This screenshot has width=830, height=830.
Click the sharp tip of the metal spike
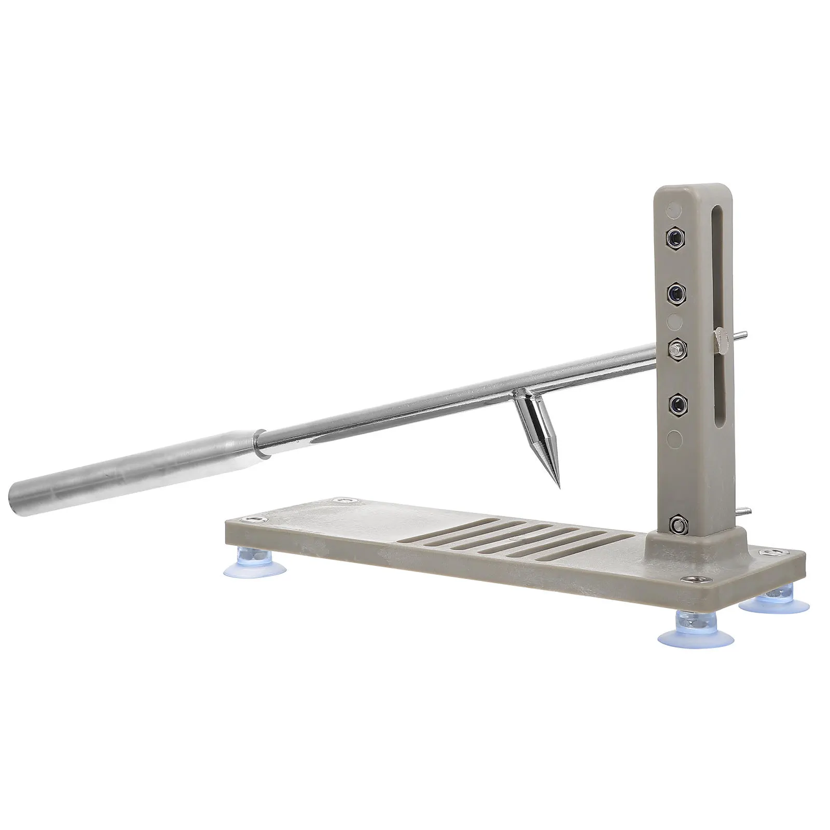tap(559, 487)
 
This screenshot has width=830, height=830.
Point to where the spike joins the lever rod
tap(519, 395)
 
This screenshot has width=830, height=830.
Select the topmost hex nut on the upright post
tap(674, 237)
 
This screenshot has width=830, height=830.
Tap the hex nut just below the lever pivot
tap(676, 404)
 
